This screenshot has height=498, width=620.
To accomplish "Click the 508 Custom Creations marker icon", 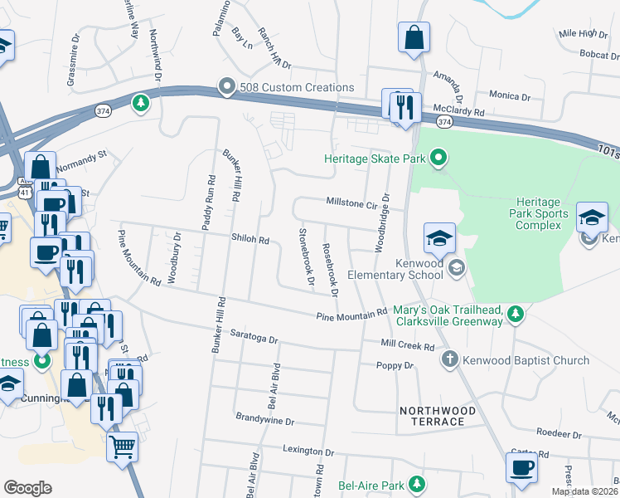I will tap(225, 87).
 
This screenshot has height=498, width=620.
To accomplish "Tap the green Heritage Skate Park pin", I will tap(438, 158).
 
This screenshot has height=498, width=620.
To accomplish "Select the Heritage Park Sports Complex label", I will tap(542, 213).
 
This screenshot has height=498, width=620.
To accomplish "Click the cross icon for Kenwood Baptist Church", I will tap(449, 360).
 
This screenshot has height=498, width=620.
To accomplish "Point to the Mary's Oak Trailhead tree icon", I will tap(516, 313).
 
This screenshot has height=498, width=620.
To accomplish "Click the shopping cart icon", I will tap(122, 447).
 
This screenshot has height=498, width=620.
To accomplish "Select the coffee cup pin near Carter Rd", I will tap(521, 467).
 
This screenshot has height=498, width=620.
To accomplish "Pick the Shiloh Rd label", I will tap(251, 240).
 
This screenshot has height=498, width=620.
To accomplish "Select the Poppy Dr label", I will tap(395, 365).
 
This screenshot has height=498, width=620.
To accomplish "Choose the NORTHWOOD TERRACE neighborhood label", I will tap(438, 416).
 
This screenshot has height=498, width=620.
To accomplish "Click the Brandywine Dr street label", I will tap(265, 421).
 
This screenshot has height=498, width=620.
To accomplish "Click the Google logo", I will tap(27, 487).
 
